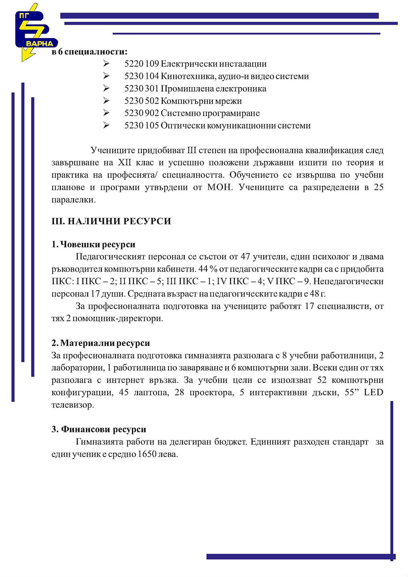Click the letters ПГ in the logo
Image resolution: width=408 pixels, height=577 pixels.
click(24, 17)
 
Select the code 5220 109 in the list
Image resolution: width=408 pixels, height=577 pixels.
click(142, 64)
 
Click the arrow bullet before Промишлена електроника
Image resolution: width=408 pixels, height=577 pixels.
click(106, 88)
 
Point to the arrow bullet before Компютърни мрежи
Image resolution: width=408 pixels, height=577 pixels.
click(106, 101)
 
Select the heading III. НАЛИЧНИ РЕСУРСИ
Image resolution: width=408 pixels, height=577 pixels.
click(111, 221)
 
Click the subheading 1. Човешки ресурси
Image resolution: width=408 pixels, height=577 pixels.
click(93, 244)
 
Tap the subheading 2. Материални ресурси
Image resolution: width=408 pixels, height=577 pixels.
click(100, 343)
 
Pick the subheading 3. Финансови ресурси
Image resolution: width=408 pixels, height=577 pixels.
click(99, 430)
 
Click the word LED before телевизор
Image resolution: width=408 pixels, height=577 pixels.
click(374, 393)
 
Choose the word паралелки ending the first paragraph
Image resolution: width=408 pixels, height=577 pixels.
click(73, 200)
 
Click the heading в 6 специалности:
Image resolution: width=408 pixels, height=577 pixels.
click(89, 52)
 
